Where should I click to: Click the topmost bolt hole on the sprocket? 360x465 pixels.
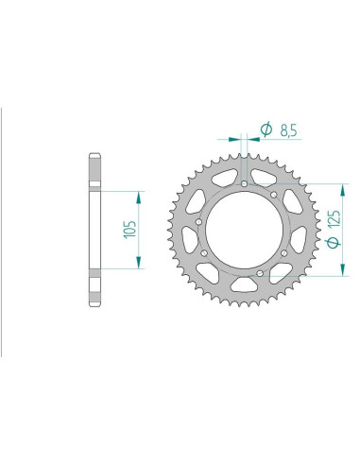[x=244, y=183]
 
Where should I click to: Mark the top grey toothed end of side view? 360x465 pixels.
[x=95, y=170]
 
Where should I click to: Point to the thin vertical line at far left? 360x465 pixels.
[x=3, y=232]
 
